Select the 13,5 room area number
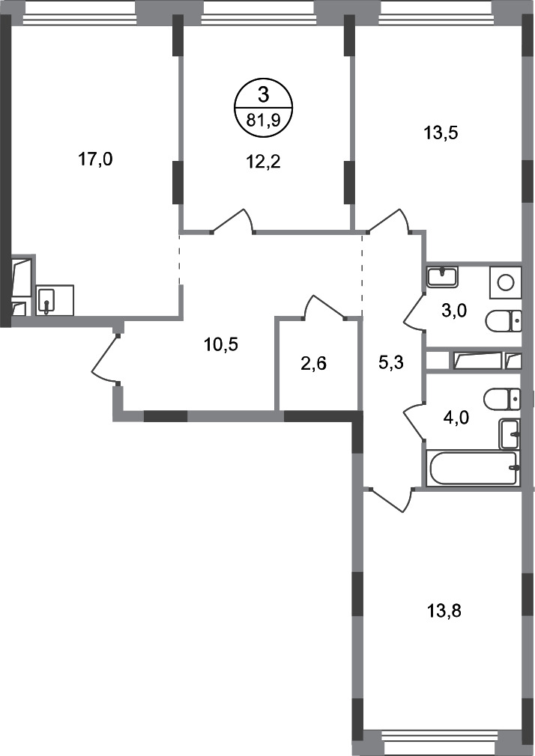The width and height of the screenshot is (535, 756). [x=441, y=132]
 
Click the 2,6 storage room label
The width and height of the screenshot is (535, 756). [x=313, y=363]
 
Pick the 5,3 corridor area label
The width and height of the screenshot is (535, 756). [x=390, y=363]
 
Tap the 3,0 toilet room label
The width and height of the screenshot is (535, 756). [x=454, y=311]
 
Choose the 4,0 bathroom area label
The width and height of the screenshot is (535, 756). [x=456, y=417]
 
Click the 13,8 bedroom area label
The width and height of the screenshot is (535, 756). [x=444, y=611]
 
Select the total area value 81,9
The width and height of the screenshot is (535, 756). [x=263, y=120]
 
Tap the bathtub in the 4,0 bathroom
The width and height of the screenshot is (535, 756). [x=474, y=468]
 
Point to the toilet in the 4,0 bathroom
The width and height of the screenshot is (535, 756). [x=502, y=398]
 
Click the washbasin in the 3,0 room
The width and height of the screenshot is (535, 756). [x=443, y=277]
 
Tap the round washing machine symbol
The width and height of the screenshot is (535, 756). [x=506, y=281]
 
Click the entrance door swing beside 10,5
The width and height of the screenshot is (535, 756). [x=103, y=359]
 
